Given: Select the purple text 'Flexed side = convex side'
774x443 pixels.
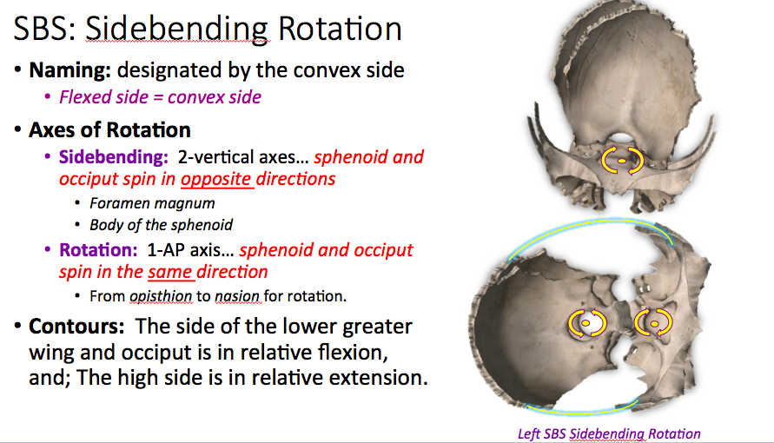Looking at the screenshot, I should click(160, 97).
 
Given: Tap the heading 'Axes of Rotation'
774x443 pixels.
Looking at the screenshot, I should click(109, 130).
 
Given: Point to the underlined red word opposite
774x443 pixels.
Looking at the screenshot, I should click(216, 180).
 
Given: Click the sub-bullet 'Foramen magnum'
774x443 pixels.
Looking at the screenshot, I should click(152, 203).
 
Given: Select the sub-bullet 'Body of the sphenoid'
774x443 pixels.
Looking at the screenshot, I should click(161, 225).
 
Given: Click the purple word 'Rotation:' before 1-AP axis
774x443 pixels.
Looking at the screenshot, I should click(96, 251).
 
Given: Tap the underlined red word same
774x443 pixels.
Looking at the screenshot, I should click(169, 273).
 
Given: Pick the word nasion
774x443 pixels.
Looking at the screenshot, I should click(238, 296).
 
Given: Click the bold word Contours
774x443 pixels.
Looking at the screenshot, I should click(69, 327).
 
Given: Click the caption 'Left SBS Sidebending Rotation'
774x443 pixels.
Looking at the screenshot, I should click(608, 433).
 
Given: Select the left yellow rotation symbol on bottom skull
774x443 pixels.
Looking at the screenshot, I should click(586, 322).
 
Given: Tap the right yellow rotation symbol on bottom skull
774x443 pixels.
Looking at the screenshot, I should click(652, 322).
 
